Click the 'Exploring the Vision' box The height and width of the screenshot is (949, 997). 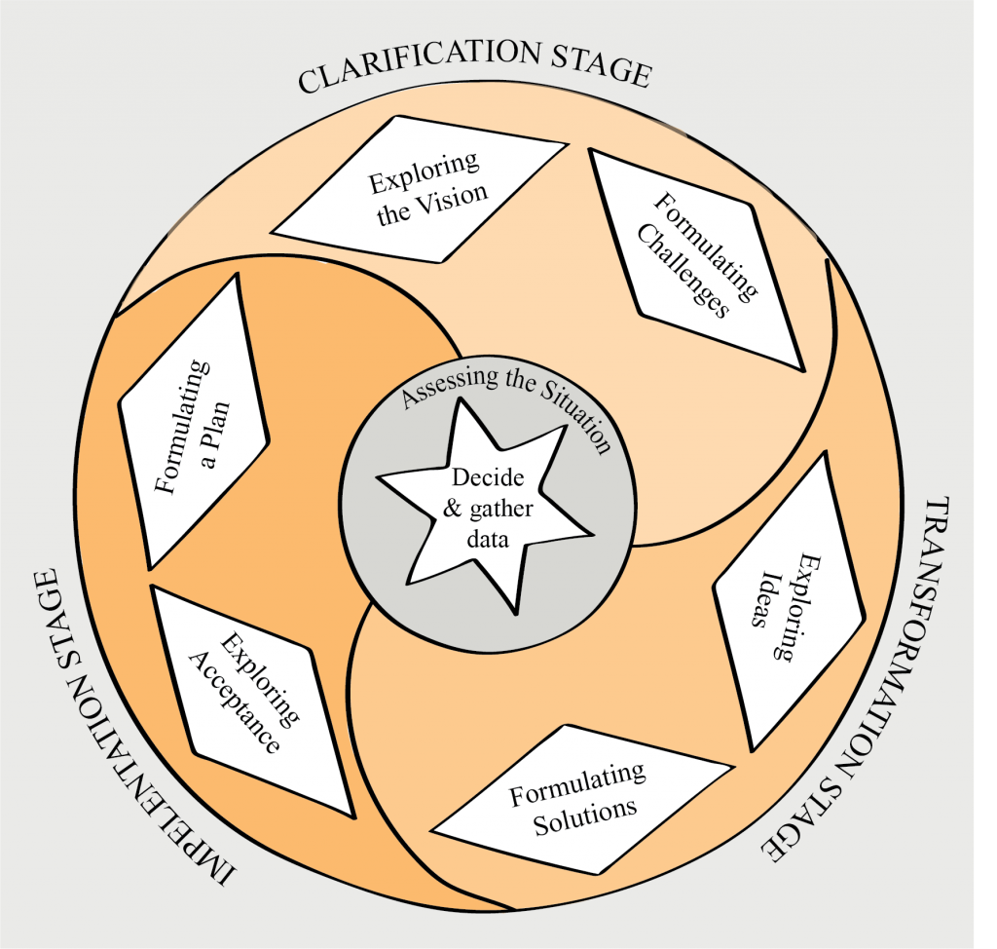coord(420,189)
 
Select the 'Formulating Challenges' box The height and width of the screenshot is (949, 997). coord(697,258)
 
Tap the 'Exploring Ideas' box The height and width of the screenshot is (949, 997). coord(789,602)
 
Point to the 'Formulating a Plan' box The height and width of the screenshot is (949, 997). coord(193,421)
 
